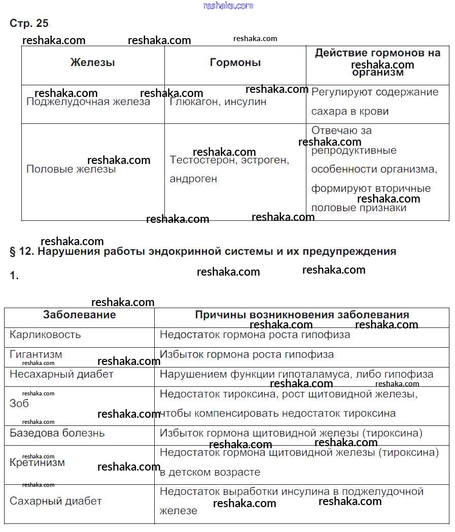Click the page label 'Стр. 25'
pyautogui.click(x=29, y=23)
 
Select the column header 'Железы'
pyautogui.click(x=92, y=62)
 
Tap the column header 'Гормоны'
pyautogui.click(x=235, y=62)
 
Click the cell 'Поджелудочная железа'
pyautogui.click(x=88, y=102)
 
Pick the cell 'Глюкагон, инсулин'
pyautogui.click(x=218, y=102)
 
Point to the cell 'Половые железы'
pyautogui.click(x=71, y=169)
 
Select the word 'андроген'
pyautogui.click(x=193, y=179)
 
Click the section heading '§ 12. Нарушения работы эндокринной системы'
pyautogui.click(x=203, y=251)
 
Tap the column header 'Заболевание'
pyautogui.click(x=79, y=315)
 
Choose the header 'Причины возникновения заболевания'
pyautogui.click(x=302, y=315)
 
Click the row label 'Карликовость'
pyautogui.click(x=45, y=335)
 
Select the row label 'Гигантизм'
pyautogui.click(x=36, y=354)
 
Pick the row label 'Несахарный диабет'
pyautogui.click(x=61, y=374)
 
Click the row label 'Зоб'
pyautogui.click(x=19, y=404)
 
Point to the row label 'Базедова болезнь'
pyautogui.click(x=57, y=433)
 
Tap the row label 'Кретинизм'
pyautogui.click(x=37, y=462)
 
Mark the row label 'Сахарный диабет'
pyautogui.click(x=56, y=501)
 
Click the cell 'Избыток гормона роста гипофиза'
pyautogui.click(x=247, y=354)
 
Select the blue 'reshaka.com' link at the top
pyautogui.click(x=228, y=6)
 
